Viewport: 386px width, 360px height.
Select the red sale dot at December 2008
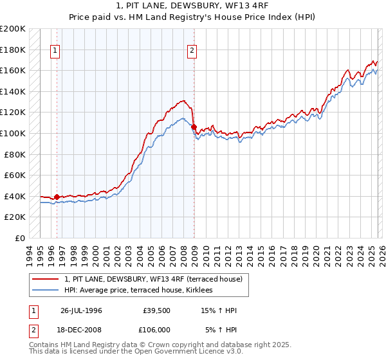tap(194, 127)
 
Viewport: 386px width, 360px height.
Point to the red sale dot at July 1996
tap(57, 197)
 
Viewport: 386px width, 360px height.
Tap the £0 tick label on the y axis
tap(21, 238)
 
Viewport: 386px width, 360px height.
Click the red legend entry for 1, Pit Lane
tap(153, 279)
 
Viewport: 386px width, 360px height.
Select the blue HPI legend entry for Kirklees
tap(143, 291)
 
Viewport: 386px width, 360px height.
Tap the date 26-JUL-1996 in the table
tap(81, 310)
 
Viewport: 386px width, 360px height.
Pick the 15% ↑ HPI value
tap(218, 310)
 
